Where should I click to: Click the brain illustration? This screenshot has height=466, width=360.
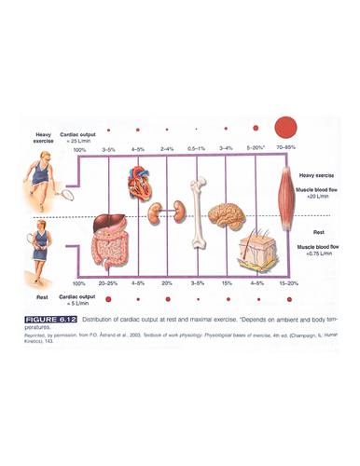228,216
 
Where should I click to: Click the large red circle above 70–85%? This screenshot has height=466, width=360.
286,128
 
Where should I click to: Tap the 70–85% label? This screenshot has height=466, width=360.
286,149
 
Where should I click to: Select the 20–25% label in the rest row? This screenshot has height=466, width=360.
109,283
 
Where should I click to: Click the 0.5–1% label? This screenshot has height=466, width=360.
196,149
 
